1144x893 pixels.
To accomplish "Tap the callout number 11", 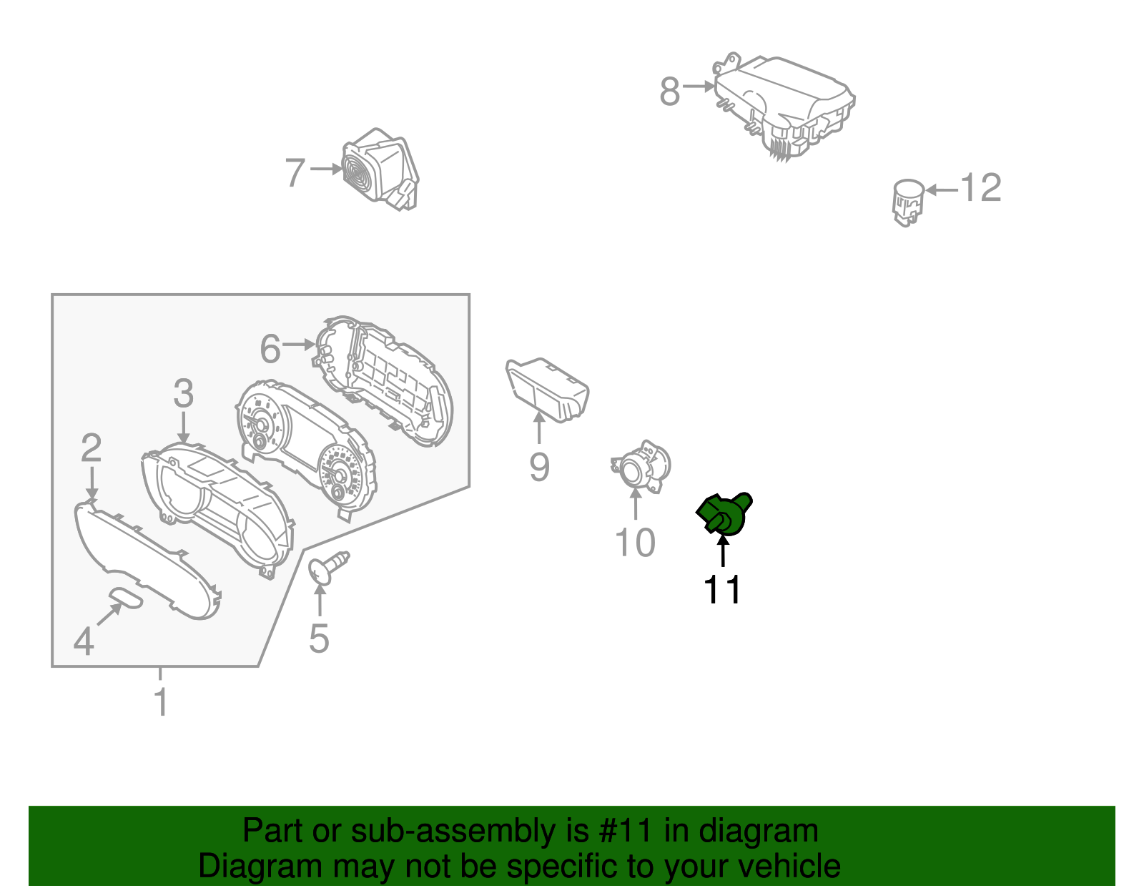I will [x=722, y=591].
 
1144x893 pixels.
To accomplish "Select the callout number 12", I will [x=980, y=189].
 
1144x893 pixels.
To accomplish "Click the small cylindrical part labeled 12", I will [x=907, y=201].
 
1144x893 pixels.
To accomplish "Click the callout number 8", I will [x=669, y=92].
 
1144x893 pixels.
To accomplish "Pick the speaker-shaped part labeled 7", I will [x=380, y=169].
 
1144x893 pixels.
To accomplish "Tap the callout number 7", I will [x=295, y=173].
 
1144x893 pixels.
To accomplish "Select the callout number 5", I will [x=319, y=638].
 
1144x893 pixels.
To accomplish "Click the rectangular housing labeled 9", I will [x=547, y=390].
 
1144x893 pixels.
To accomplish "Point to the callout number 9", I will [x=539, y=467].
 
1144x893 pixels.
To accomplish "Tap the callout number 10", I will [x=635, y=543].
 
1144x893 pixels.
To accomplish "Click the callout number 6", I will [x=270, y=349].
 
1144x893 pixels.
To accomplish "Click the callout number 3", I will [x=184, y=394].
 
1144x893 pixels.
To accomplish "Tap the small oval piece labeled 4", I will [x=127, y=598].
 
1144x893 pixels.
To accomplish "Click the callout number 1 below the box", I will [x=162, y=702].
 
